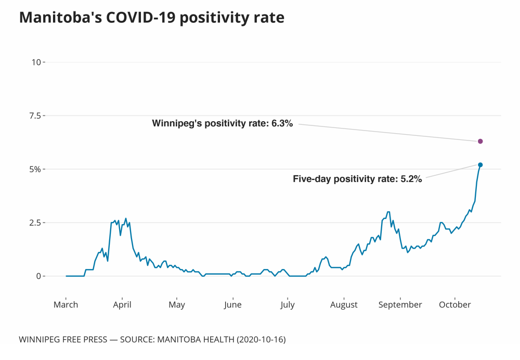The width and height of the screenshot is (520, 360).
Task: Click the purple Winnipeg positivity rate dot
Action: click(480, 141)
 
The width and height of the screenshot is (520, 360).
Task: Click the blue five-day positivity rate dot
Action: click(480, 165)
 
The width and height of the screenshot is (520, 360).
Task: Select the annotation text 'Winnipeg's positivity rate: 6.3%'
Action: click(223, 123)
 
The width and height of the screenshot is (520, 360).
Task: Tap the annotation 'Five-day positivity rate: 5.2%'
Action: click(357, 179)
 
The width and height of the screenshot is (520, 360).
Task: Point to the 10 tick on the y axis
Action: click(36, 62)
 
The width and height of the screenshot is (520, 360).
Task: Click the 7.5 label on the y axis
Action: click(34, 115)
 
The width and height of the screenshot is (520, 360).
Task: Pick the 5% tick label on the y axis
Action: click(35, 169)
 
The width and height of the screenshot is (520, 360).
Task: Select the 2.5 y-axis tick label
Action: click(34, 223)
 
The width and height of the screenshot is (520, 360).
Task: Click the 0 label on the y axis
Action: click(37, 276)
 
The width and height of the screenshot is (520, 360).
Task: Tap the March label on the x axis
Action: click(66, 305)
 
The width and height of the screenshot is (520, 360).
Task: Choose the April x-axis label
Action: click(122, 305)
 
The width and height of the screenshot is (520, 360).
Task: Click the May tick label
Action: click(177, 305)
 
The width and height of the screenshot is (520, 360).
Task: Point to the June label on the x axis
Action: click(233, 305)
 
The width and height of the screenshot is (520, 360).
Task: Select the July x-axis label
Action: click(288, 305)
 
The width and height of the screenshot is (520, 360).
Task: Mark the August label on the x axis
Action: click(344, 305)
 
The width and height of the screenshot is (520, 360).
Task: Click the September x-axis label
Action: click(400, 305)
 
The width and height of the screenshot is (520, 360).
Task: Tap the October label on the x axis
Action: click(454, 305)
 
